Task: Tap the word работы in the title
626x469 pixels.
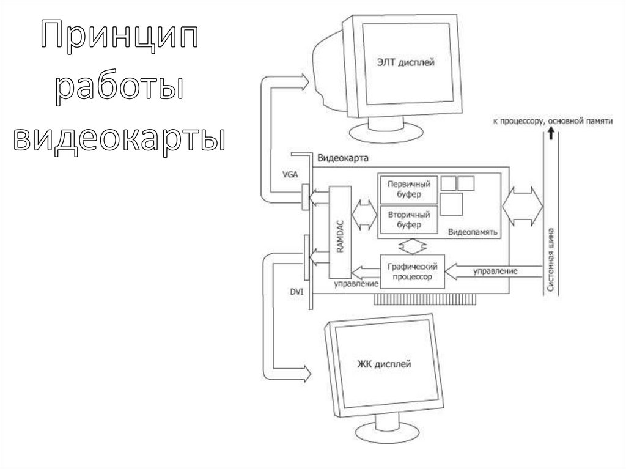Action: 119,89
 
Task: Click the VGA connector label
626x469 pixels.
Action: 290,174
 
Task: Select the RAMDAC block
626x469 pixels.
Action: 340,232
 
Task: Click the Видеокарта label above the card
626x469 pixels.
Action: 342,158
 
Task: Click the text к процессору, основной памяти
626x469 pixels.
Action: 552,122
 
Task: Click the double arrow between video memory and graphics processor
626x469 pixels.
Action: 413,246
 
